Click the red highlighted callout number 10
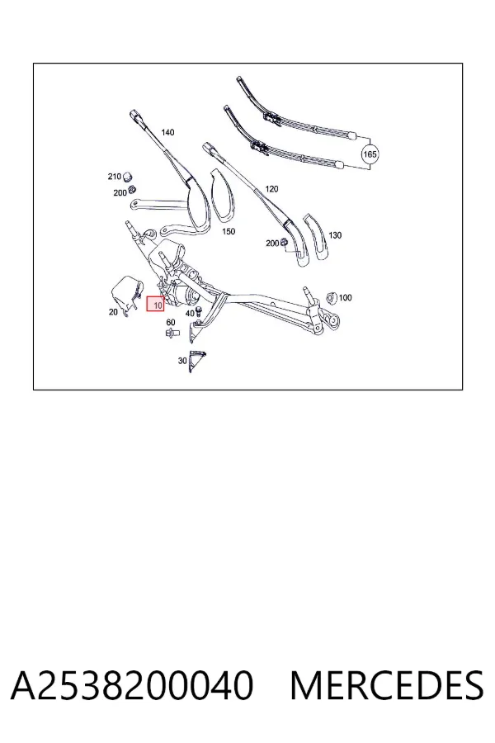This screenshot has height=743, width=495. [x=155, y=304]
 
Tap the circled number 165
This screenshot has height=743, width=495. [x=370, y=154]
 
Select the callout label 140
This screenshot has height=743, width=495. [x=167, y=133]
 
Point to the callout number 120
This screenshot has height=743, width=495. [x=271, y=189]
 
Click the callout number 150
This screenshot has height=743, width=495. [x=229, y=232]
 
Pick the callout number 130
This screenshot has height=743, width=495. [x=335, y=235]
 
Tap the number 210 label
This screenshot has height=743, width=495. [x=114, y=177]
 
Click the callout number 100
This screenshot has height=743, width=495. [x=346, y=297]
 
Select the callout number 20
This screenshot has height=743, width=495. [x=113, y=312]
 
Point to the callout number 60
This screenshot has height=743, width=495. [x=171, y=323]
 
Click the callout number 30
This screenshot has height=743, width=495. [x=182, y=361]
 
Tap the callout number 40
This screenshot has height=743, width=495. [x=190, y=314]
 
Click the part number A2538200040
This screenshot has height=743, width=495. [x=132, y=685]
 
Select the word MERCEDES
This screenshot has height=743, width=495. [x=387, y=685]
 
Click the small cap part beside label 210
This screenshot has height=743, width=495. [x=127, y=177]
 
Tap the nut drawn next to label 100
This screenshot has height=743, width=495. [x=332, y=298]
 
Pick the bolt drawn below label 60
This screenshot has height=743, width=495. [x=172, y=333]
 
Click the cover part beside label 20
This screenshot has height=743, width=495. [x=126, y=293]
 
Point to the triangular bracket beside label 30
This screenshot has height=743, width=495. [x=196, y=361]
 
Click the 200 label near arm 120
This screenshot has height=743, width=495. [x=272, y=244]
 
